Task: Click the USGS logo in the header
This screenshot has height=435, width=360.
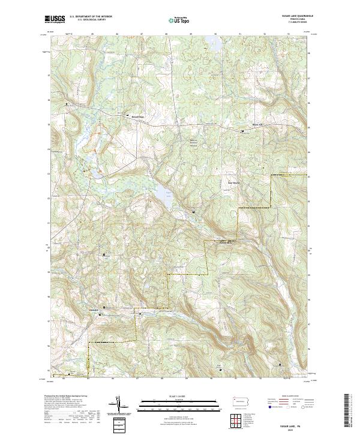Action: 55,19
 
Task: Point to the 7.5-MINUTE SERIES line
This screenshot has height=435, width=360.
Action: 295,23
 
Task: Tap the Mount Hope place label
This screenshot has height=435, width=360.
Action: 139,117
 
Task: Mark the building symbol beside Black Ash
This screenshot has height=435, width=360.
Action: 242,130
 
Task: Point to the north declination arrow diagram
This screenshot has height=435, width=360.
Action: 120,406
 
